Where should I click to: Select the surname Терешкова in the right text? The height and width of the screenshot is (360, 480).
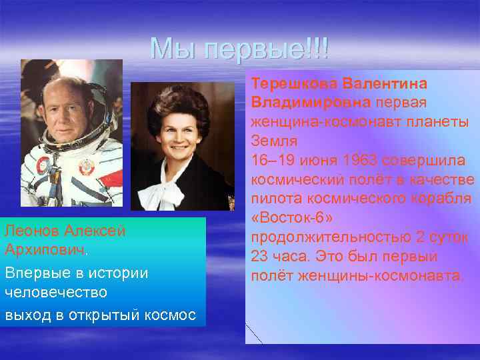[x=295, y=85]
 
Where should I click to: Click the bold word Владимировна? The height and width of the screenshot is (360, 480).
[x=311, y=103]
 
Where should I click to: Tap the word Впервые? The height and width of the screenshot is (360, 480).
[x=33, y=273]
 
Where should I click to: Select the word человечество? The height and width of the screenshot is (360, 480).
[x=49, y=293]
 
